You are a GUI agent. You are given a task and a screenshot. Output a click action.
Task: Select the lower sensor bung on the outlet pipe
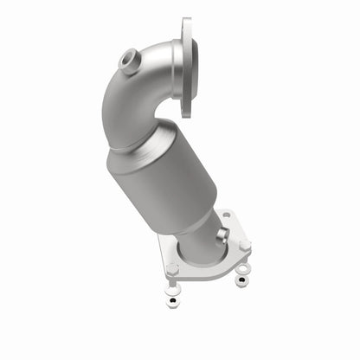222,234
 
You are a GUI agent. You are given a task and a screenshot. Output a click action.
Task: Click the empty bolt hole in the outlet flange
227,215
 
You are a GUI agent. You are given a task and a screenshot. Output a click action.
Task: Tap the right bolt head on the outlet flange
245,247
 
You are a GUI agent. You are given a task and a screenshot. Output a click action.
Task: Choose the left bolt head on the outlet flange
172,269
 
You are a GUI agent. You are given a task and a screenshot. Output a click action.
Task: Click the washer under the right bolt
242,269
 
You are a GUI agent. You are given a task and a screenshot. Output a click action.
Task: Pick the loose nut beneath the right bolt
241,280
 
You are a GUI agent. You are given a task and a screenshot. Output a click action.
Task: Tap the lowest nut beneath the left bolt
171,304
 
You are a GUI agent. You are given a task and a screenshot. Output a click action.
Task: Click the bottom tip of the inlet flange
185,112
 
